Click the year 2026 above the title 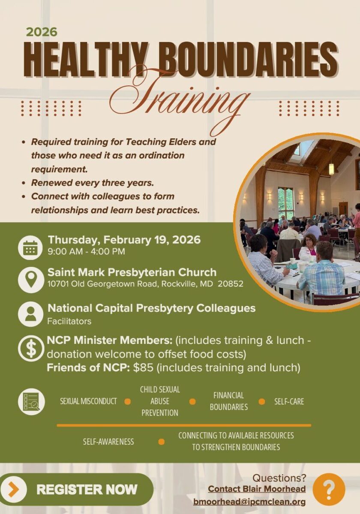pos(42,32)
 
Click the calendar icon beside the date pos(30,248)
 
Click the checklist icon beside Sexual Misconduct pos(31,401)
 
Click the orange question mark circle pos(329,489)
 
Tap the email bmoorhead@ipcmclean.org pos(249,502)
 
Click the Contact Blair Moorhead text pos(257,489)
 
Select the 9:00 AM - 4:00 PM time pos(86,251)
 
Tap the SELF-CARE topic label pos(289,401)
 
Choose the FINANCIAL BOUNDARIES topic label pos(228,401)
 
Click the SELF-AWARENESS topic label pos(108,442)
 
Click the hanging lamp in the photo pos(331,168)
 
